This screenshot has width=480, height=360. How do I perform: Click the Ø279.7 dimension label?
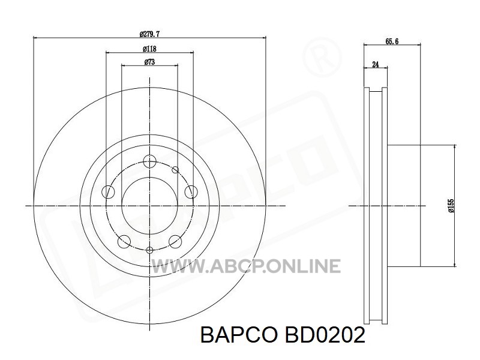click(x=149, y=34)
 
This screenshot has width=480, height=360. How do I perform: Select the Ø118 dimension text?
click(x=149, y=49)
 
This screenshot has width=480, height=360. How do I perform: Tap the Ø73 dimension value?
click(x=149, y=62)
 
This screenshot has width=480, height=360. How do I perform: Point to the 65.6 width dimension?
click(x=392, y=41)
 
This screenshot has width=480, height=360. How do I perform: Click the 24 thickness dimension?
click(x=376, y=64)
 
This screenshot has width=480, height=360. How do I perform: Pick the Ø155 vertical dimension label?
click(x=451, y=205)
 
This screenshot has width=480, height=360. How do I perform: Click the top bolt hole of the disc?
click(x=149, y=161)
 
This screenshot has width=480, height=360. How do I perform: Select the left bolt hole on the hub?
click(x=108, y=192)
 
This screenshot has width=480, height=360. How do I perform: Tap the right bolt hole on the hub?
click(x=191, y=192)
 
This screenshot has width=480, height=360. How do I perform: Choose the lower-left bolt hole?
click(x=124, y=241)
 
